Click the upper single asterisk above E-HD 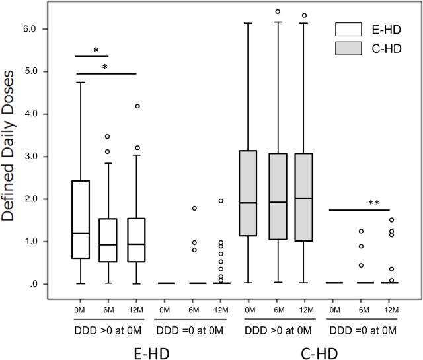96,50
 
